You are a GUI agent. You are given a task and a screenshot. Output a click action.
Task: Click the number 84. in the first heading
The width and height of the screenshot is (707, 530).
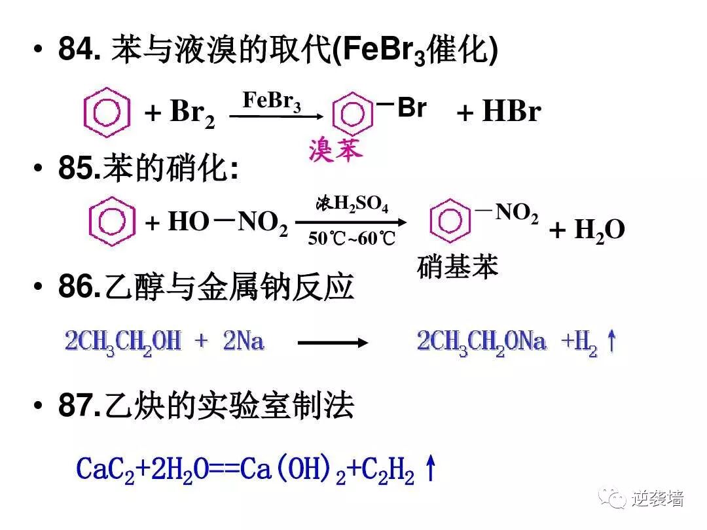(79, 51)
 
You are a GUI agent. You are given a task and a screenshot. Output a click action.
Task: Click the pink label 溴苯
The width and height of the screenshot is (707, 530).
(335, 151)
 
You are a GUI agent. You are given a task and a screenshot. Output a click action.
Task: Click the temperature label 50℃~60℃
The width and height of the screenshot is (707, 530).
(352, 239)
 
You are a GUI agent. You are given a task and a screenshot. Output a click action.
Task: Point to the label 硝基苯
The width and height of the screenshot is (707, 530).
(458, 266)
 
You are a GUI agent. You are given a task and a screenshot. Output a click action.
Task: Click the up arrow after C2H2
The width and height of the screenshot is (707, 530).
(430, 469)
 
